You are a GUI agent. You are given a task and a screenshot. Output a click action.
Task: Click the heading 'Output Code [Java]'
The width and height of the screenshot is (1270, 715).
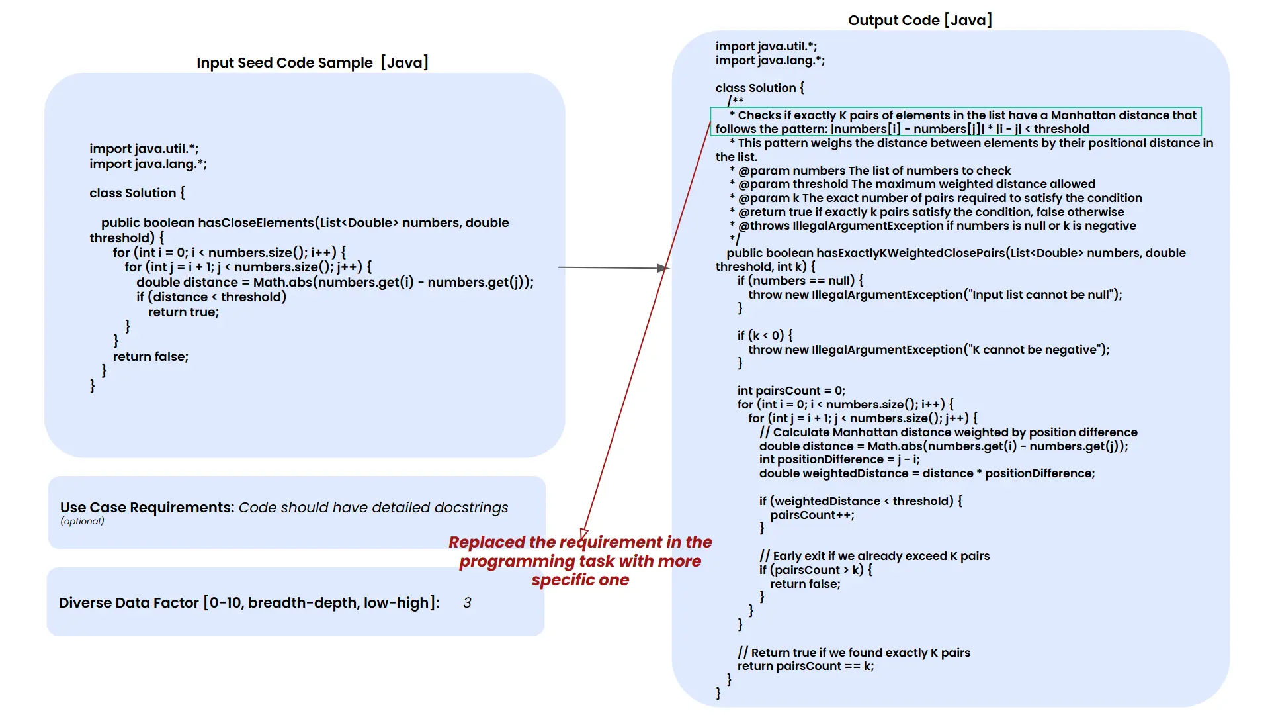[x=919, y=21]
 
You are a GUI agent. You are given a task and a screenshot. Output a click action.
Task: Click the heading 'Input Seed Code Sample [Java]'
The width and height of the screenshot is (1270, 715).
[x=312, y=63]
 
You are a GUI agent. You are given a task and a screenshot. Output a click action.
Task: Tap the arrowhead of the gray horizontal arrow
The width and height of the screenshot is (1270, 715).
[x=662, y=268]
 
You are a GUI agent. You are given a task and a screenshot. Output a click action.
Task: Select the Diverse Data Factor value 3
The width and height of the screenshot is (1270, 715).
[x=467, y=603]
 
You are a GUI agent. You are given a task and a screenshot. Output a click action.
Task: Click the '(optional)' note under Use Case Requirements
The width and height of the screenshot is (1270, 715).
[x=82, y=522]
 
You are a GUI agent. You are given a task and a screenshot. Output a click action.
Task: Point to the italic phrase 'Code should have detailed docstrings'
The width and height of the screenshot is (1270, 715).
[x=373, y=508]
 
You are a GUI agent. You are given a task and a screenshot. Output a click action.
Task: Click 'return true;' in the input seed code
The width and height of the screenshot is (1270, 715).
[x=183, y=312]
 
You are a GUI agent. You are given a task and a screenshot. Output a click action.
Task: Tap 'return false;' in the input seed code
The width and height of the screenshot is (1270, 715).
[x=150, y=357]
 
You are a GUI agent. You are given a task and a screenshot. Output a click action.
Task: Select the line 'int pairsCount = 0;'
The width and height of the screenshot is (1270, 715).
[x=791, y=391]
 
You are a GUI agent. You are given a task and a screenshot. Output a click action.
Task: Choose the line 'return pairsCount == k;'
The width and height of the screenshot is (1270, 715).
[x=805, y=667]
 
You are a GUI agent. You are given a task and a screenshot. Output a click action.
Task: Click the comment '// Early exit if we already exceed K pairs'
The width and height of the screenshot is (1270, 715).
[x=874, y=556]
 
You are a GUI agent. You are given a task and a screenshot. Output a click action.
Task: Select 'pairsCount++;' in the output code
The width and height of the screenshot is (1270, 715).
[x=812, y=515]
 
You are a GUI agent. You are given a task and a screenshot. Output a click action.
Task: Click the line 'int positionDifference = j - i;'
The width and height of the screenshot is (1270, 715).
[x=839, y=459]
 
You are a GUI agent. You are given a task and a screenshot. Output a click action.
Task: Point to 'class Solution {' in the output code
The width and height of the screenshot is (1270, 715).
[x=759, y=88]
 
